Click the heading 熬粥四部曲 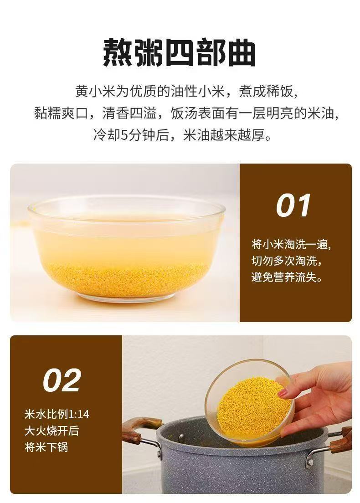click(x=180, y=53)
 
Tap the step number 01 click(x=293, y=205)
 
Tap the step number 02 click(x=62, y=380)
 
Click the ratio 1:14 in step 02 click(x=79, y=414)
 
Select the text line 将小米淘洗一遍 click(x=291, y=245)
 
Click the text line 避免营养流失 click(x=287, y=277)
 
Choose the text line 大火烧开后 click(x=51, y=431)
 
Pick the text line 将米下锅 click(x=46, y=447)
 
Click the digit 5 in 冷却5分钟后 click(x=124, y=135)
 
